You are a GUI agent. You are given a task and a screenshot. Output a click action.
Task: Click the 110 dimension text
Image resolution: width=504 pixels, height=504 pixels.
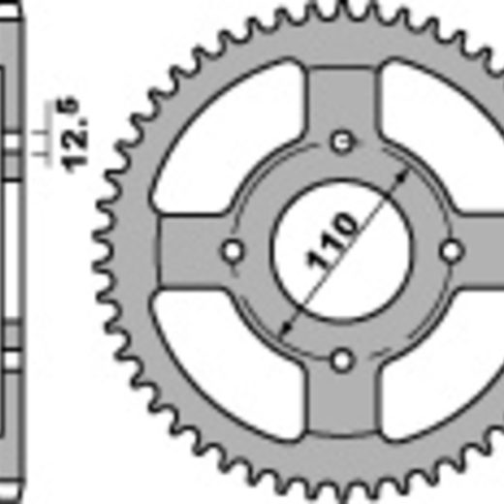331,240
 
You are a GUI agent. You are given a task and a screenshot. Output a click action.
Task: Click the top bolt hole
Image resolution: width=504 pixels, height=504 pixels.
342,142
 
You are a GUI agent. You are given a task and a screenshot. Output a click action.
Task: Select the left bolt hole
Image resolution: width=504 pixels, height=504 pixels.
233,251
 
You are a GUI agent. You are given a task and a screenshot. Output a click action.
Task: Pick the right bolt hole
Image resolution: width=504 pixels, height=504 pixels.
452,251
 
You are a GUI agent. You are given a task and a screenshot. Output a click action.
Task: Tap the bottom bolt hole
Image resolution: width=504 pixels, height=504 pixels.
342,361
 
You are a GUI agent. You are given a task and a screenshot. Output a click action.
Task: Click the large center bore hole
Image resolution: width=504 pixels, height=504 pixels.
341,251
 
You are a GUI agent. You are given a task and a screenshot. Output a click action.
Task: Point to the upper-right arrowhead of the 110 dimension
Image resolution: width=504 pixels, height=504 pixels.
401,178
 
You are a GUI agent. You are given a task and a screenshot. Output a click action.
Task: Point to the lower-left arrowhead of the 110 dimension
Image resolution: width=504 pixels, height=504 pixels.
285,328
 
